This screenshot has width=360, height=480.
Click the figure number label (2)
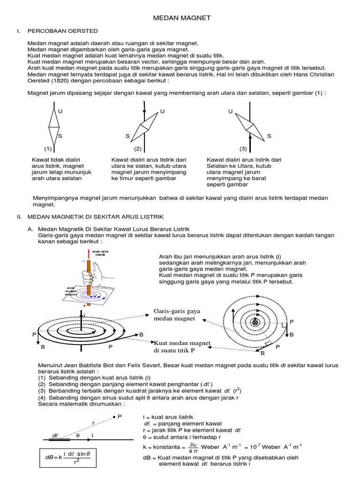click(138, 149)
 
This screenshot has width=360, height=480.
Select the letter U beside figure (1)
click(60, 112)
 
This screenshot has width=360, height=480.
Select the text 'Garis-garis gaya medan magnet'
click(177, 315)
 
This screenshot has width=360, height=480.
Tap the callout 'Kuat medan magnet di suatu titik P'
click(182, 346)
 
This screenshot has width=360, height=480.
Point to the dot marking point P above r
click(113, 416)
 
